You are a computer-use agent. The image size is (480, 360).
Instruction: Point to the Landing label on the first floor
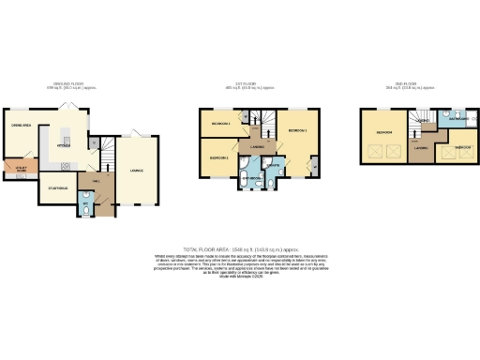tap(256, 146)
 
